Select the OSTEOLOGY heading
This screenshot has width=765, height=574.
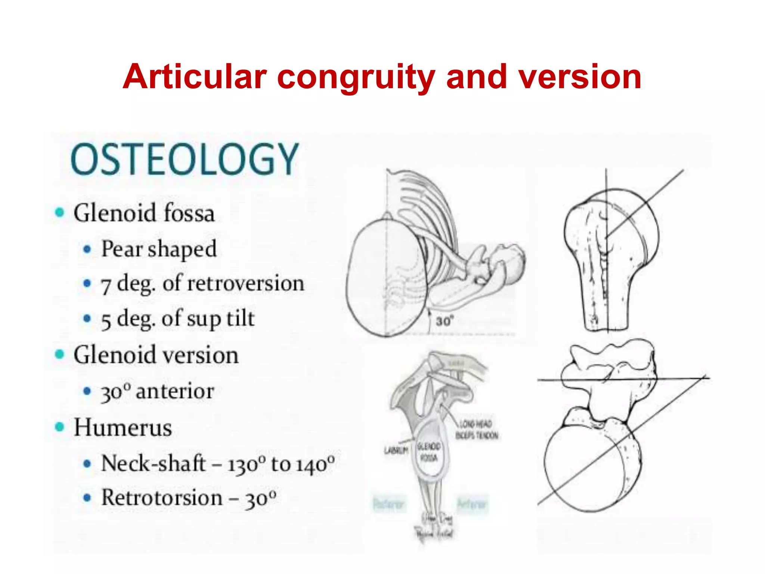pos(185,159)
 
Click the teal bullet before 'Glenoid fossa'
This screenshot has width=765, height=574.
pos(59,213)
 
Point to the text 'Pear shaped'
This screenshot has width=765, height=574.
pos(159,249)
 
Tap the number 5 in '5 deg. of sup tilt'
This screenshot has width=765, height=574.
pos(106,320)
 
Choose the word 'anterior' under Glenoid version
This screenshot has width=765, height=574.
pos(175,392)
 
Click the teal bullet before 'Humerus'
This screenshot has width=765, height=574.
pos(59,427)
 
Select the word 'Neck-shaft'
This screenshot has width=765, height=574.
pos(153,463)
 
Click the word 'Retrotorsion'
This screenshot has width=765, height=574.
pos(162,498)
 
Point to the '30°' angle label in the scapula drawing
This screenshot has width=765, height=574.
pos(445,321)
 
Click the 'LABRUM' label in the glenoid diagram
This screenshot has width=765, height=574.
pos(396,451)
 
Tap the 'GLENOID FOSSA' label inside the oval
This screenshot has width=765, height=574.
pos(429,452)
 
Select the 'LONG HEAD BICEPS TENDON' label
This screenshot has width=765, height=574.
pos(477,430)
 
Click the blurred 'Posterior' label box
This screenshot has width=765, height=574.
pos(388,504)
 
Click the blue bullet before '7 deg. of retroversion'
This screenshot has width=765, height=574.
pos(87,284)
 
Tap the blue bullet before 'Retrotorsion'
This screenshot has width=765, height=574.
pos(87,498)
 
